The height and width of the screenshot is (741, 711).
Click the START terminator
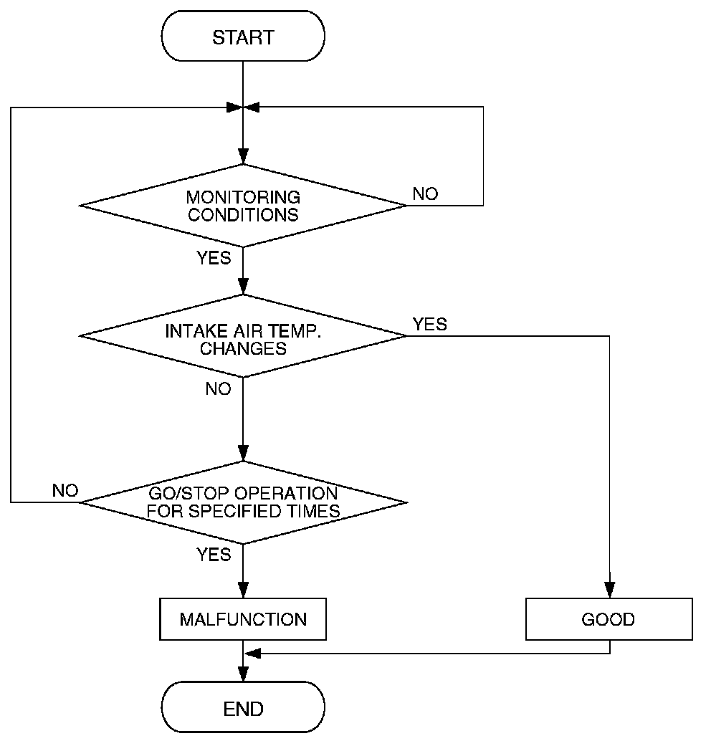pos(243,37)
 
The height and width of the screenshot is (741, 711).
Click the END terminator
pos(243,709)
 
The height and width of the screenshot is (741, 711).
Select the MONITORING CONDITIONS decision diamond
pos(243,206)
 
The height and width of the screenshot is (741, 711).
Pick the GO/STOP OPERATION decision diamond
pos(243,502)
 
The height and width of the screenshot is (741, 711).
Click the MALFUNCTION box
pos(243,618)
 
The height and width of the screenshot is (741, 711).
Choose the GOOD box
pos(609,619)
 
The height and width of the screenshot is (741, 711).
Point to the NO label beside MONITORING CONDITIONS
pos(425,194)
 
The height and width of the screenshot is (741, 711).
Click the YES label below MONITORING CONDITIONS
pos(214,258)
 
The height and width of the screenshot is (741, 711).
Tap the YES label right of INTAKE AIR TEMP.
pos(429,324)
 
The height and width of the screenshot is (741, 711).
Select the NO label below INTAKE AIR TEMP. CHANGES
pos(218,388)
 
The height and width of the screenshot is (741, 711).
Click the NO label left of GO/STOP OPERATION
pos(65,491)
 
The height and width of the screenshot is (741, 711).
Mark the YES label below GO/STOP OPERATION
pos(214,554)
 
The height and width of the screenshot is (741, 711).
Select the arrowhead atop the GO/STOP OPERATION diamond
pos(243,455)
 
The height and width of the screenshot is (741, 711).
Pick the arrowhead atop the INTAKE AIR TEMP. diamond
pos(243,289)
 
